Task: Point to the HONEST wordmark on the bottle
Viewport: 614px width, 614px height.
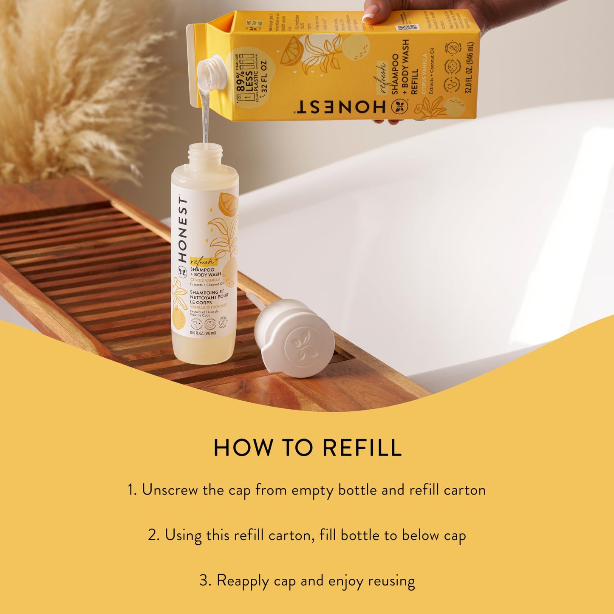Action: (x=182, y=229)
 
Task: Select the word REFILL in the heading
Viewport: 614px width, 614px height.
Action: (x=362, y=448)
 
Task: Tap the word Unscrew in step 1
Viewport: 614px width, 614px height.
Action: (x=170, y=490)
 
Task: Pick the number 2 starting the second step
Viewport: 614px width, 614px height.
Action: (x=153, y=535)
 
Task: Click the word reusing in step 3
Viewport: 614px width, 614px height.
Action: (x=391, y=581)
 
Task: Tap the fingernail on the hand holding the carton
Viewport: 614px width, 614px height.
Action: (x=368, y=18)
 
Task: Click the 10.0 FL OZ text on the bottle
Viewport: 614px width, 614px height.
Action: (x=203, y=333)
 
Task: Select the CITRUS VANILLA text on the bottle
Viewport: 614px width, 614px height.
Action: (x=206, y=280)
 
